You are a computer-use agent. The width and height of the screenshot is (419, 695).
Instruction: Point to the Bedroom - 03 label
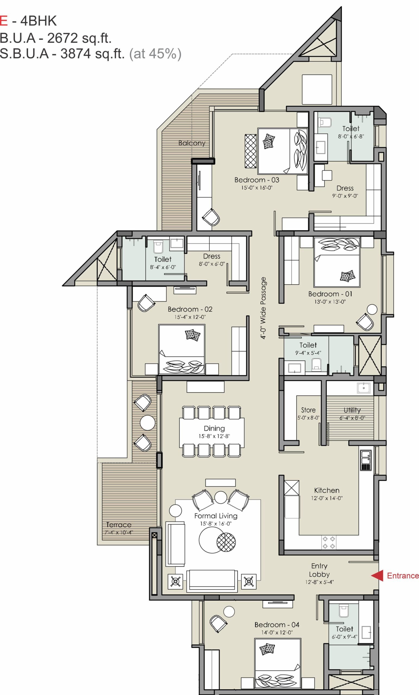point(257,180)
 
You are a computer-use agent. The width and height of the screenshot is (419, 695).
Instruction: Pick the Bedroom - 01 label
point(330,294)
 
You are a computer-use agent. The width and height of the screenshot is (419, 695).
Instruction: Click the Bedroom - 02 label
point(190,309)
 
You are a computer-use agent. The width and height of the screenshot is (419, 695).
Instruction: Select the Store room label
point(308,410)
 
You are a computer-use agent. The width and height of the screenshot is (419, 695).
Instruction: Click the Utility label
point(352,410)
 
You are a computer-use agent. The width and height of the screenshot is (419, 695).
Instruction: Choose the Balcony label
point(192,143)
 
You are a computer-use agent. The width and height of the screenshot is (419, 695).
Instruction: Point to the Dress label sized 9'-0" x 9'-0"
point(345,188)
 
